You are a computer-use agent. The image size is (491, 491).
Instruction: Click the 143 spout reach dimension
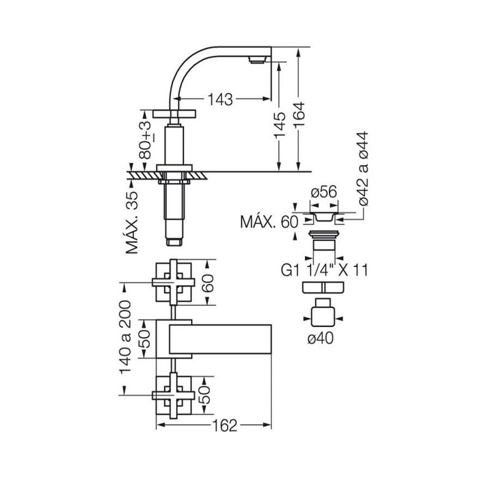coord(220,99)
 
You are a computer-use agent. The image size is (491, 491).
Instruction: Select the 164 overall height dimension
coord(299,114)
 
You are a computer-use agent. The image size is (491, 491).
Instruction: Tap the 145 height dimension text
coord(280,125)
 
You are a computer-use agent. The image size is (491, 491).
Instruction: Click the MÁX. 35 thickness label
coord(132,222)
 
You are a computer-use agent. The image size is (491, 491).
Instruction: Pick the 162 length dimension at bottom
coord(225,425)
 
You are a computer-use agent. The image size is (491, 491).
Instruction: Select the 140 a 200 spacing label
coord(125,337)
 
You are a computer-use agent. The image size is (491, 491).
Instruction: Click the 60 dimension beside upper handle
coord(207,283)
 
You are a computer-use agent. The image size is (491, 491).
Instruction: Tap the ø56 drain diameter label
coord(324,191)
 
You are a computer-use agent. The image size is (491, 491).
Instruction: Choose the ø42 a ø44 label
coord(363,168)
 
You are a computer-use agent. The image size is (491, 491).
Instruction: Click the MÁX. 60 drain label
coord(269,222)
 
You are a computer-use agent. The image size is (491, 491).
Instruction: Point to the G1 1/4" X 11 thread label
coord(325,270)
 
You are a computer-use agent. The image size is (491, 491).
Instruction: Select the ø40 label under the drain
coord(320,338)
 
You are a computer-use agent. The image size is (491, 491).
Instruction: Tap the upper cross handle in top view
coord(174,282)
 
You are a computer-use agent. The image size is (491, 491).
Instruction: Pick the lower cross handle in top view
coord(174,395)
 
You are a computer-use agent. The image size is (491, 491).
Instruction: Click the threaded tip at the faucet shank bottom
coord(175,242)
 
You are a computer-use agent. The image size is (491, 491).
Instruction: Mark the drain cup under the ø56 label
coord(324,217)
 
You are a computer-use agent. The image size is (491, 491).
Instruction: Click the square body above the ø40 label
coord(323,317)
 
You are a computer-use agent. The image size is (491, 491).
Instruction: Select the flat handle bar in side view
coord(174,114)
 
